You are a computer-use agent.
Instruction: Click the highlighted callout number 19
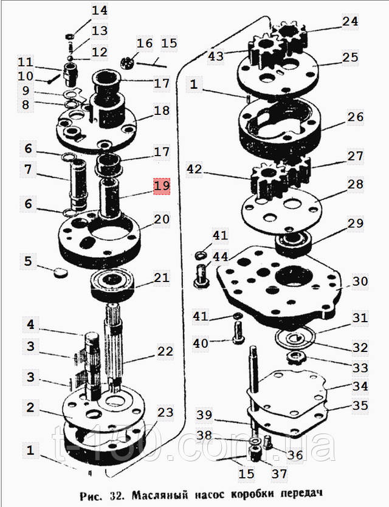click(x=162, y=185)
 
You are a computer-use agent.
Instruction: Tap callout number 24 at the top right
click(x=350, y=22)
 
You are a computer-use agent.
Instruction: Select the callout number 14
click(x=99, y=10)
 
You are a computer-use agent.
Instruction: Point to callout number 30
click(x=360, y=281)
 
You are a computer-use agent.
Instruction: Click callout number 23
click(x=165, y=413)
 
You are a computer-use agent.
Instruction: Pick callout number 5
click(x=27, y=262)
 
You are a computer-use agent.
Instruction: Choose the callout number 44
click(x=221, y=258)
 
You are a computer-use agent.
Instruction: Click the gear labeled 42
click(x=267, y=180)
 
